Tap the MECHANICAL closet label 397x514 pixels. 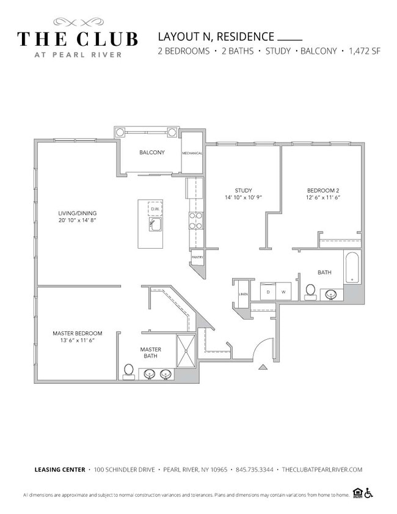[192, 153]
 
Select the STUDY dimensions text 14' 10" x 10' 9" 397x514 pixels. [243, 198]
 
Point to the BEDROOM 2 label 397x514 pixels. [323, 190]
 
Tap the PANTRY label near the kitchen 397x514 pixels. [197, 257]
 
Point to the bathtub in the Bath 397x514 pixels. [352, 267]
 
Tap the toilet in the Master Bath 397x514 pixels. [129, 371]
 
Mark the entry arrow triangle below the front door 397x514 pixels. [263, 367]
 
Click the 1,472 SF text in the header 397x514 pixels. [364, 51]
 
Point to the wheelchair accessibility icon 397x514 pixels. [369, 494]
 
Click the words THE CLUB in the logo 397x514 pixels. [77, 39]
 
